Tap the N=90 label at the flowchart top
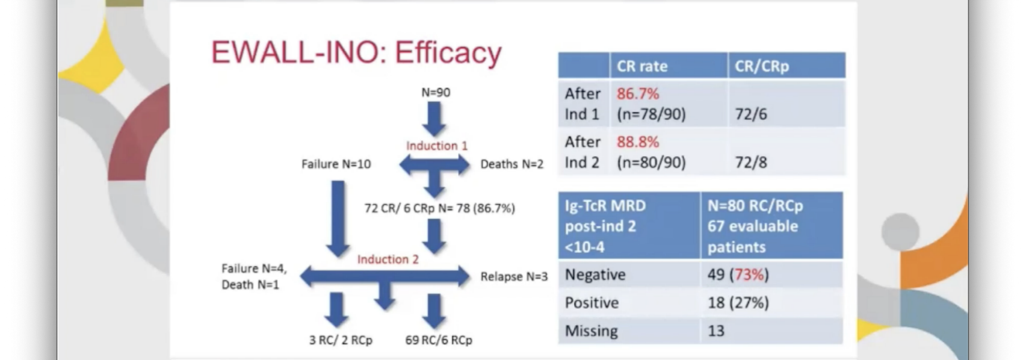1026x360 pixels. point(436,93)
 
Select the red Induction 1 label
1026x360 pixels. point(436,146)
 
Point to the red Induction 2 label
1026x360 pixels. point(388,259)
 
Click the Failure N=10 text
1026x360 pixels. point(336,164)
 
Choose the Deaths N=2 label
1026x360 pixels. point(511,164)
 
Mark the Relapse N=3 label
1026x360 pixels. point(514,277)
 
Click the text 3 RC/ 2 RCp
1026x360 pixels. point(341,340)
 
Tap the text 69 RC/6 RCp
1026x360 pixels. point(438,340)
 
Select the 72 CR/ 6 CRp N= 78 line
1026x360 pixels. point(440,208)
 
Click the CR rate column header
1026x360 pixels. point(641,66)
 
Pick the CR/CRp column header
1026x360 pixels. point(762,66)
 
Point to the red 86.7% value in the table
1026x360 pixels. point(638,94)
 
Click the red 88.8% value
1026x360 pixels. point(638,142)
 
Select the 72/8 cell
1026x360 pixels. point(751,163)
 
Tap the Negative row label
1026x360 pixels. point(595,275)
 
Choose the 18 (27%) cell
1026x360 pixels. point(738,303)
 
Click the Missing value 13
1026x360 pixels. point(716,331)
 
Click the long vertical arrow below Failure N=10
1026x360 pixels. point(338,219)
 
